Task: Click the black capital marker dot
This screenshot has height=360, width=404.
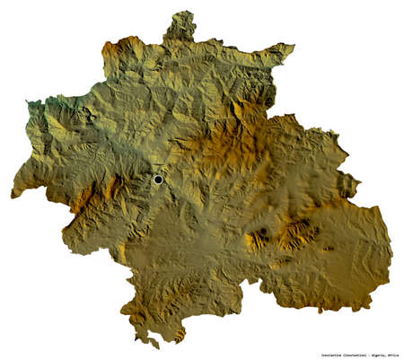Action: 158,180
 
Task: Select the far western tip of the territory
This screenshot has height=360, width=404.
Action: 13,195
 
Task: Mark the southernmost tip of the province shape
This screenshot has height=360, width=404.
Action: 157,345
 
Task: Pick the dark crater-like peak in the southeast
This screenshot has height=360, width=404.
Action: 261,236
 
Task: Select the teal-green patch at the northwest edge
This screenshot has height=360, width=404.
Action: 36,112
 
